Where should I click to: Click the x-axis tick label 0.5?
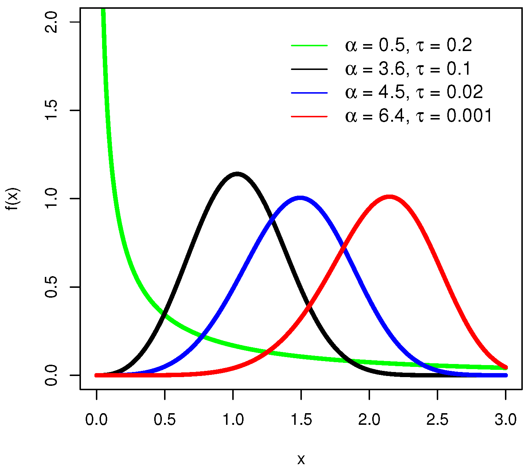click(x=165, y=420)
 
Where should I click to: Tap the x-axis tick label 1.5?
click(x=301, y=420)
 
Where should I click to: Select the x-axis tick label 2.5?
click(x=437, y=420)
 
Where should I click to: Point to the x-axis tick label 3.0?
click(x=506, y=420)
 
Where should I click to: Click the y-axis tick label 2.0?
click(x=51, y=22)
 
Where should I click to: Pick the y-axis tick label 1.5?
click(x=51, y=110)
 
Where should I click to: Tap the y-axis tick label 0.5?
click(x=51, y=287)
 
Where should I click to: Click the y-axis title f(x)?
click(x=13, y=199)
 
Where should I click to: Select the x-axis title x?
click(x=301, y=460)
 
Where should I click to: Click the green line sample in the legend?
click(x=309, y=46)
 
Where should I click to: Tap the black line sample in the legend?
click(x=309, y=69)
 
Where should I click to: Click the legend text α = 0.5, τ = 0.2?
click(x=408, y=46)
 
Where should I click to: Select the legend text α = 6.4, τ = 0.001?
click(x=419, y=116)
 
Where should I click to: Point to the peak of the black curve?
click(x=237, y=174)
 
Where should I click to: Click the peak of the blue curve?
click(x=300, y=199)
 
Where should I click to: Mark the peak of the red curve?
click(x=389, y=197)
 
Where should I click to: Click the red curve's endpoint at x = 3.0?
click(x=506, y=368)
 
